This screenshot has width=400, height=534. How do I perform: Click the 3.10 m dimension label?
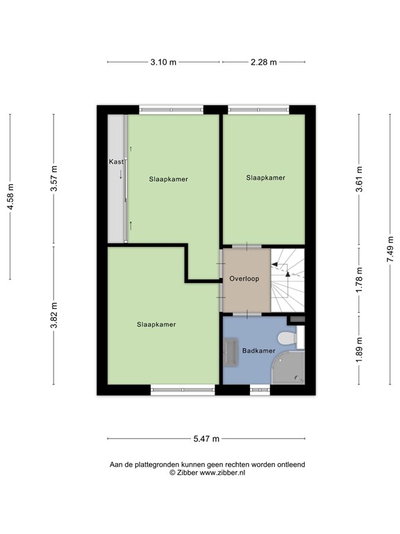coord(163,62)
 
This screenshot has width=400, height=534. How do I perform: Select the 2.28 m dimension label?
coord(264,62)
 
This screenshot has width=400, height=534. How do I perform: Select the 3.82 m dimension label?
coord(54,315)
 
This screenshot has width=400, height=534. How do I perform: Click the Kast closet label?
coord(116,161)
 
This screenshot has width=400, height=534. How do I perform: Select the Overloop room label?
coord(244,279)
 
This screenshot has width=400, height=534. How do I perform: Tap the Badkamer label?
coord(258,351)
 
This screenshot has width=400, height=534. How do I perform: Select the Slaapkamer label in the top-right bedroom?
coord(265,178)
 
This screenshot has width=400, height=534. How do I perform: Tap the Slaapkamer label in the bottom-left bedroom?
coord(156,324)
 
